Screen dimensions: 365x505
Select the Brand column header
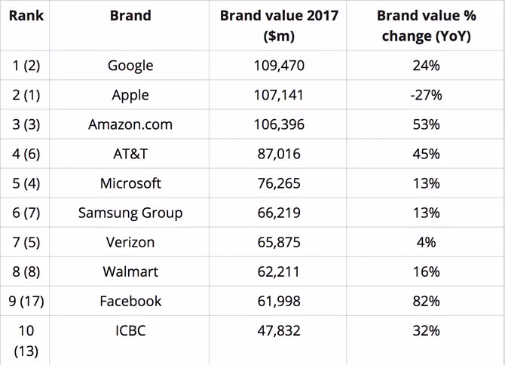pyautogui.click(x=130, y=15)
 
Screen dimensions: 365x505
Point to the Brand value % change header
pyautogui.click(x=425, y=26)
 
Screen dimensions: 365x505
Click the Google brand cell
pyautogui.click(x=130, y=66)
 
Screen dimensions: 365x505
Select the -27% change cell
pyautogui.click(x=425, y=95)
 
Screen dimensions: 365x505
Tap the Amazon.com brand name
pyautogui.click(x=130, y=124)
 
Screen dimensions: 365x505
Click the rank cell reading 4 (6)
pyautogui.click(x=26, y=154)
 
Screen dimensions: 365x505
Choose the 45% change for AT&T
pyautogui.click(x=425, y=154)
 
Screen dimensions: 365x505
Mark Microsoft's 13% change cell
pyautogui.click(x=425, y=183)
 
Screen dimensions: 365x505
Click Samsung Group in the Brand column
pyautogui.click(x=130, y=213)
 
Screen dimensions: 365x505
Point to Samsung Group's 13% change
pyautogui.click(x=425, y=213)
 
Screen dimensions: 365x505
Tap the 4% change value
pyautogui.click(x=425, y=242)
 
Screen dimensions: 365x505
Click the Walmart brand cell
pyautogui.click(x=130, y=271)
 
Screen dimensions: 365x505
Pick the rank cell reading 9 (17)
pyautogui.click(x=26, y=301)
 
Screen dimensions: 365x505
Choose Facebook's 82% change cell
pyautogui.click(x=425, y=301)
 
